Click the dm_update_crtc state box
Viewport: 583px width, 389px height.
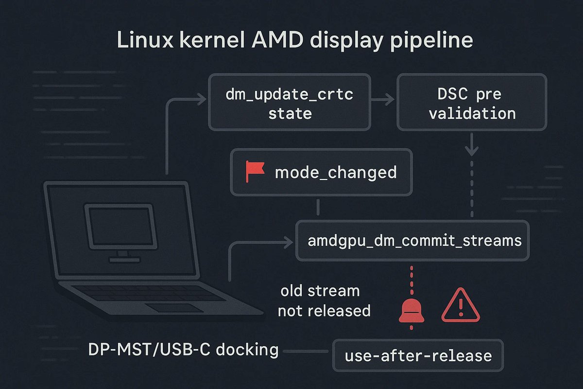point(290,103)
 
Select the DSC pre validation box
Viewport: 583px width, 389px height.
point(472,103)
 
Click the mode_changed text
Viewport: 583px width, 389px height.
point(335,173)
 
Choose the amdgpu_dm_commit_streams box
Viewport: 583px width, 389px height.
point(412,241)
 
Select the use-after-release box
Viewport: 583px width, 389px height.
point(418,355)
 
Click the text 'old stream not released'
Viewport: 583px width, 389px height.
point(324,301)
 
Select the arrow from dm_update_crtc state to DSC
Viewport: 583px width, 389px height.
point(384,101)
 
